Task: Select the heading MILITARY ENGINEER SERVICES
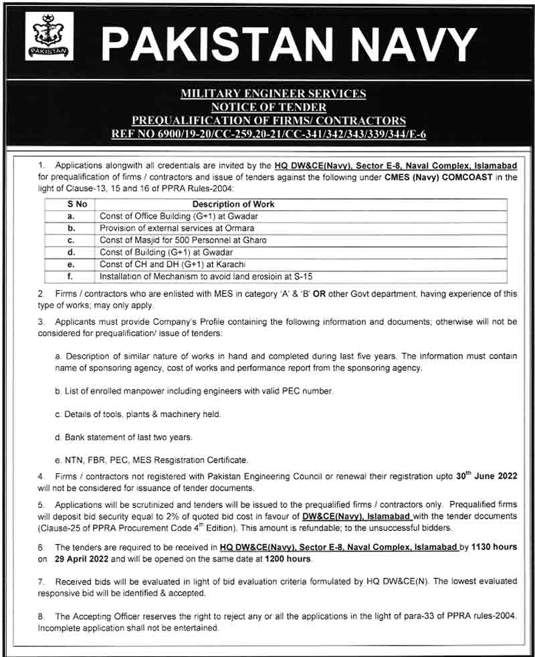point(274,94)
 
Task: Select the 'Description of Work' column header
point(233,204)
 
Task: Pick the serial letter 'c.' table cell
point(70,240)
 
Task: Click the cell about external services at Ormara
point(177,228)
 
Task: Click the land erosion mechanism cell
point(206,276)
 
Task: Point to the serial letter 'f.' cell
point(70,276)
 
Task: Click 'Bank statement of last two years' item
point(124,437)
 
